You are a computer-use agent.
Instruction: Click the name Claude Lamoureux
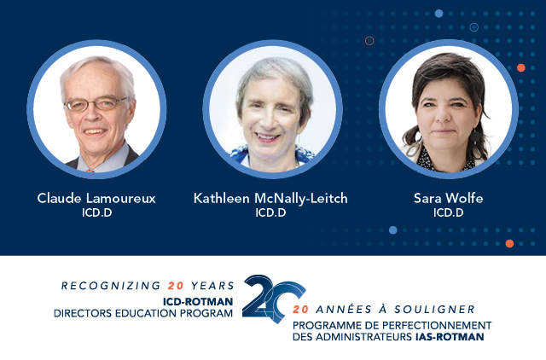(x=96, y=199)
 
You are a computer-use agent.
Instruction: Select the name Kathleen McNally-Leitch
(x=270, y=199)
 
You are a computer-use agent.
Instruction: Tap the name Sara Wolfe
(x=448, y=199)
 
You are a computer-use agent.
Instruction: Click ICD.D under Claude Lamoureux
(x=96, y=212)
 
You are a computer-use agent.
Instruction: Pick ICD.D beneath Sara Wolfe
(x=448, y=212)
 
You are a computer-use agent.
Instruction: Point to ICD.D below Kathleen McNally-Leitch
(x=270, y=212)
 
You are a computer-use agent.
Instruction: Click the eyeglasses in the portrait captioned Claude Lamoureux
(x=95, y=104)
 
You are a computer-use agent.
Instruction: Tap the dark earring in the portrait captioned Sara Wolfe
(x=474, y=136)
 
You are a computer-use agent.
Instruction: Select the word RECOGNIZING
(x=111, y=286)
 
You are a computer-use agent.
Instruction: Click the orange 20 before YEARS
(x=176, y=286)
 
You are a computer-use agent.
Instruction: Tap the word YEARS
(x=212, y=286)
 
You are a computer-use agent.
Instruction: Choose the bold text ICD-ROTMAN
(x=198, y=301)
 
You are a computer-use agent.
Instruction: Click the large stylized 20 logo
(x=274, y=299)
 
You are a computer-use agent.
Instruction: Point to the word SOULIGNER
(x=434, y=309)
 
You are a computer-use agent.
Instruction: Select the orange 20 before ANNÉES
(x=301, y=309)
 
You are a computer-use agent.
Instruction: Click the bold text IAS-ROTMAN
(x=450, y=337)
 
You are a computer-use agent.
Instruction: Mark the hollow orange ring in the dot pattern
(x=369, y=41)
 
